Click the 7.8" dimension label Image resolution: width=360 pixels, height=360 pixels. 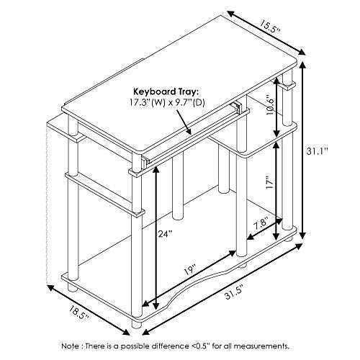(261, 224)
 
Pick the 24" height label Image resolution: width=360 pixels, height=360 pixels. (166, 233)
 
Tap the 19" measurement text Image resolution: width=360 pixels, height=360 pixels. (190, 270)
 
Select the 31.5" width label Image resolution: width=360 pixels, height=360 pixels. (234, 292)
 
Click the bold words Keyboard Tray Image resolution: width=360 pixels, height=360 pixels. (166, 92)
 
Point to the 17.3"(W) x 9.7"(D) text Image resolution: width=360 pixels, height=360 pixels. (167, 103)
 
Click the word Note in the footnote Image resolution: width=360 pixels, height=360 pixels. (70, 346)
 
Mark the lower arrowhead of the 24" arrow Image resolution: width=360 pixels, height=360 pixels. (156, 305)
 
